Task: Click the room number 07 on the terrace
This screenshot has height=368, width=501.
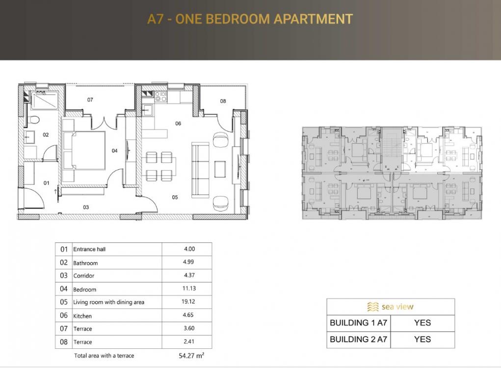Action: [x=90, y=100]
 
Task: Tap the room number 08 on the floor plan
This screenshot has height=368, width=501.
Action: [x=223, y=101]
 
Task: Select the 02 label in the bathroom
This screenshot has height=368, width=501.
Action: [x=46, y=135]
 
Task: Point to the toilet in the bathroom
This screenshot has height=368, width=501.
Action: [x=33, y=120]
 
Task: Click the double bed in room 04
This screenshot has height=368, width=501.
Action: [x=84, y=150]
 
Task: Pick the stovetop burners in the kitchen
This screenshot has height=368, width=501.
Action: [x=161, y=97]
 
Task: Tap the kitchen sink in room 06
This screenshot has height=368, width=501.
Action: [x=147, y=110]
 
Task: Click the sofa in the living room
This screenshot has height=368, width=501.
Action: [x=200, y=170]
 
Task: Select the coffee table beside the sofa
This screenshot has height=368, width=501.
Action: [x=220, y=169]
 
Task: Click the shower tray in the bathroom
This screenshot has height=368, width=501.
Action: [x=45, y=101]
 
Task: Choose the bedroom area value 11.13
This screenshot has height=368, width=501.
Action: [x=189, y=289]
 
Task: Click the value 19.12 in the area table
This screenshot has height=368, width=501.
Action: [x=188, y=302]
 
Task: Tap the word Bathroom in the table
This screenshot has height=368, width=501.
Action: [x=86, y=263]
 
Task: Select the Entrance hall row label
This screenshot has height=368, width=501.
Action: [x=89, y=249]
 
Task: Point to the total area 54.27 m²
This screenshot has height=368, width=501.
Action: [x=191, y=355]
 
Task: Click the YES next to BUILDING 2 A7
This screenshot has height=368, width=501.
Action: [x=422, y=339]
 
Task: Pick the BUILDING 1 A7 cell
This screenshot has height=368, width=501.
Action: [x=359, y=323]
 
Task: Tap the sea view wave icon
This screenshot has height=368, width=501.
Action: [x=373, y=307]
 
